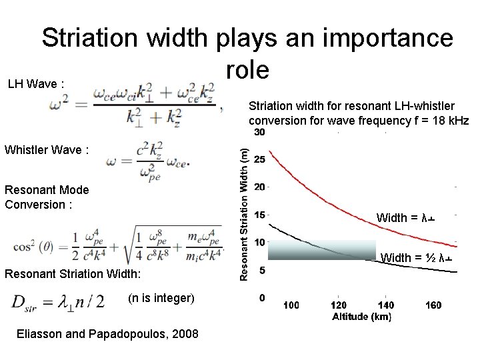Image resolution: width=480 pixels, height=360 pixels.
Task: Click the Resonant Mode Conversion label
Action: coord(47,197)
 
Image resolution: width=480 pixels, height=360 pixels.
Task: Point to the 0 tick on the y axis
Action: coord(262,297)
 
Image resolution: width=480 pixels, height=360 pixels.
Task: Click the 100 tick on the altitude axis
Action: coord(291,305)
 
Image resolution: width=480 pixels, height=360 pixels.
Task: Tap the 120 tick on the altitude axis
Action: coord(338,305)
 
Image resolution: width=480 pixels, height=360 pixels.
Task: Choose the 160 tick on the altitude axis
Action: coord(433,305)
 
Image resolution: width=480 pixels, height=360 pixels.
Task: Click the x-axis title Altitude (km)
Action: coord(362,317)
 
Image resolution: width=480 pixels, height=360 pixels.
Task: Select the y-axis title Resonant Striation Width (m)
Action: coord(244,213)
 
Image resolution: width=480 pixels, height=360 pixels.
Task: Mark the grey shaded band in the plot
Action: coord(322,249)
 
